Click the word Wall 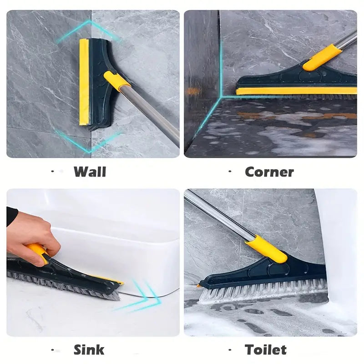[90, 172]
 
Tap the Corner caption [269, 172]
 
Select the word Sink [89, 349]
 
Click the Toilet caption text [266, 349]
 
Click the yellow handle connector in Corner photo [322, 58]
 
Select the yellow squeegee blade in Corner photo [296, 91]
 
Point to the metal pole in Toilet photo [218, 216]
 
